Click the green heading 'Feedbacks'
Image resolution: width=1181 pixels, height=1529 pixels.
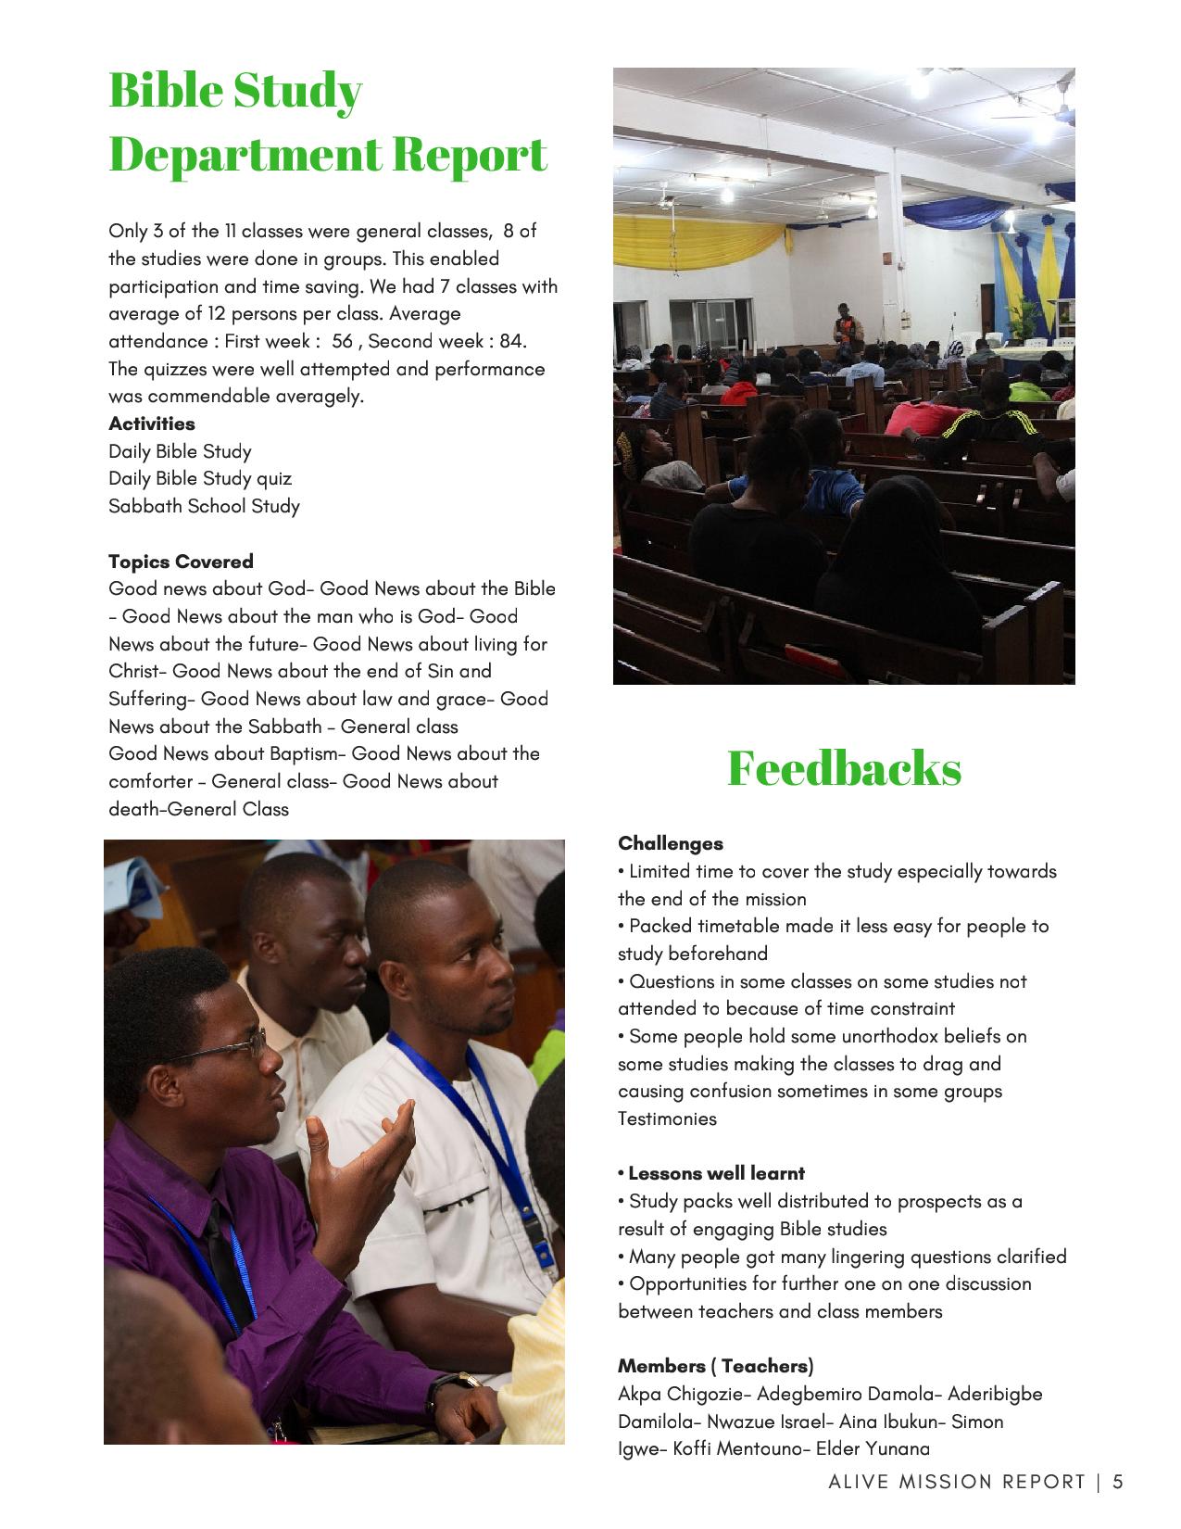844,768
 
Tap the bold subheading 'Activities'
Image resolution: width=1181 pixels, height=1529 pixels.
152,423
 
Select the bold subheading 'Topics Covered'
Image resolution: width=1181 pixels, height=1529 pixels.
181,562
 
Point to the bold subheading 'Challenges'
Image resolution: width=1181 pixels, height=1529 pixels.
671,843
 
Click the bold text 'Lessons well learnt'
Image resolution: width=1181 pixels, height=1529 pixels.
716,1173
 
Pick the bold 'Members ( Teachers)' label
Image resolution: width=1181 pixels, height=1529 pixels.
715,1366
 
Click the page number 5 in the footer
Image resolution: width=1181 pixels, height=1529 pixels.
1117,1482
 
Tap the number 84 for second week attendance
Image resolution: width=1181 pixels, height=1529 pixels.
511,341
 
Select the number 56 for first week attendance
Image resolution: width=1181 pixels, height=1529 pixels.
342,341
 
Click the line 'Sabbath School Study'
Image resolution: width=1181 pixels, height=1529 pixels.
204,506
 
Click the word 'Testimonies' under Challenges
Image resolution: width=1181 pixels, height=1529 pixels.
667,1118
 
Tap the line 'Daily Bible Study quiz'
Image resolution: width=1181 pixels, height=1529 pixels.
200,478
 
